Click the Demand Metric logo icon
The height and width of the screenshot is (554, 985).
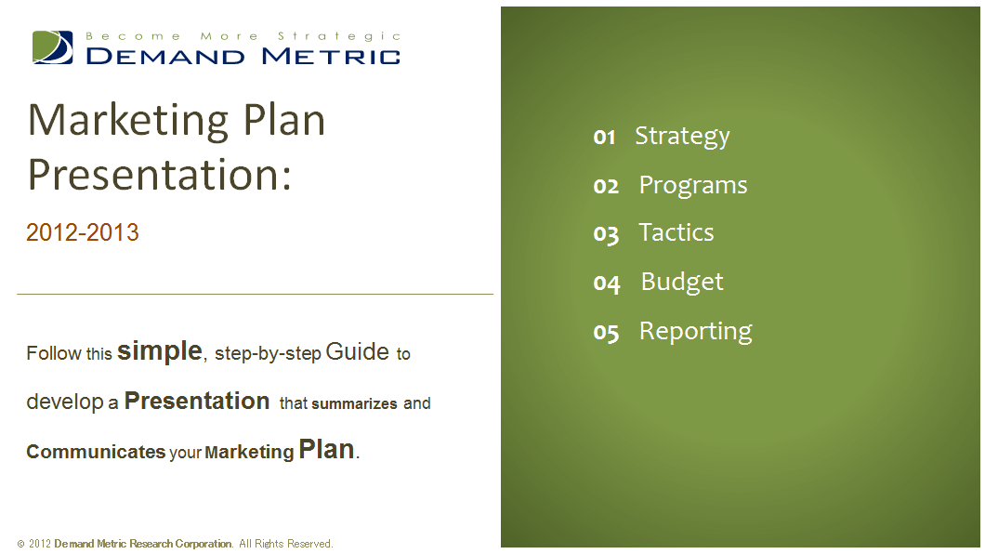coord(53,47)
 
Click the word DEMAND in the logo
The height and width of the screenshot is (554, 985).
coord(165,57)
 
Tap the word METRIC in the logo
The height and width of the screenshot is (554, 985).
coord(331,57)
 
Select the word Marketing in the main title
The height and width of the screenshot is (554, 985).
coord(128,122)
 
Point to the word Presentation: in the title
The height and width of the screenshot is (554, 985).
coord(160,174)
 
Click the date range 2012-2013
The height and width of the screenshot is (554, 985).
coord(83,232)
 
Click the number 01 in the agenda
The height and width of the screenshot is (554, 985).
coord(604,137)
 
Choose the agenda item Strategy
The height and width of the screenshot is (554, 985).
coord(682,137)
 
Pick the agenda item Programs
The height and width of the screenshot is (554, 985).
coord(693,186)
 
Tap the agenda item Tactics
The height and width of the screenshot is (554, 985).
coord(676,232)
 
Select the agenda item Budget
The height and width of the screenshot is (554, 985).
coord(681,283)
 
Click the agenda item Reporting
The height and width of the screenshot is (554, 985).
coord(695,332)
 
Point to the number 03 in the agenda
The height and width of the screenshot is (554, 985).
coord(606,234)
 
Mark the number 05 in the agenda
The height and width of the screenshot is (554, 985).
coord(606,332)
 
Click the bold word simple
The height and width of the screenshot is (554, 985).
coord(160,350)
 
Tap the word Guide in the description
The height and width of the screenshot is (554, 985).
coord(358,351)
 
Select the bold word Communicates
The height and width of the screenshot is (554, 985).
coord(96,452)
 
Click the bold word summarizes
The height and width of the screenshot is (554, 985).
coord(354,403)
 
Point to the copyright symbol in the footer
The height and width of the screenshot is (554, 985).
coord(20,544)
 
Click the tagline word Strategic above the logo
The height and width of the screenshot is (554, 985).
coord(339,36)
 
